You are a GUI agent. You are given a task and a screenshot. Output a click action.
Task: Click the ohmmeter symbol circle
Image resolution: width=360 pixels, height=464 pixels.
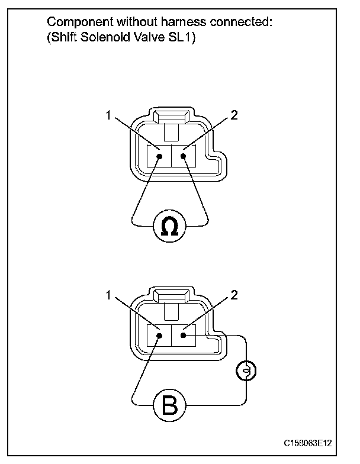coord(170,225)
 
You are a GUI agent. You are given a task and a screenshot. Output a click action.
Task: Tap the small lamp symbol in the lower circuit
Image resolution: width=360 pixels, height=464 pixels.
coord(245,371)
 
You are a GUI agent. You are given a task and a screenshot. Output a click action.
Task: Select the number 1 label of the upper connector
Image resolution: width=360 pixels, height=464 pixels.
coord(108,116)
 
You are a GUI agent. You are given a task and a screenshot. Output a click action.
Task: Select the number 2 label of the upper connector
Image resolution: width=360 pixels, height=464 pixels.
coord(234,116)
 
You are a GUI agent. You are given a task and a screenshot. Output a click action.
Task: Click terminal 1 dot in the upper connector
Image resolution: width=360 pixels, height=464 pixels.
coord(159,157)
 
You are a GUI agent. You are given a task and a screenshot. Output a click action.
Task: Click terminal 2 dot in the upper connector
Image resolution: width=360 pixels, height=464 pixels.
coord(184,156)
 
